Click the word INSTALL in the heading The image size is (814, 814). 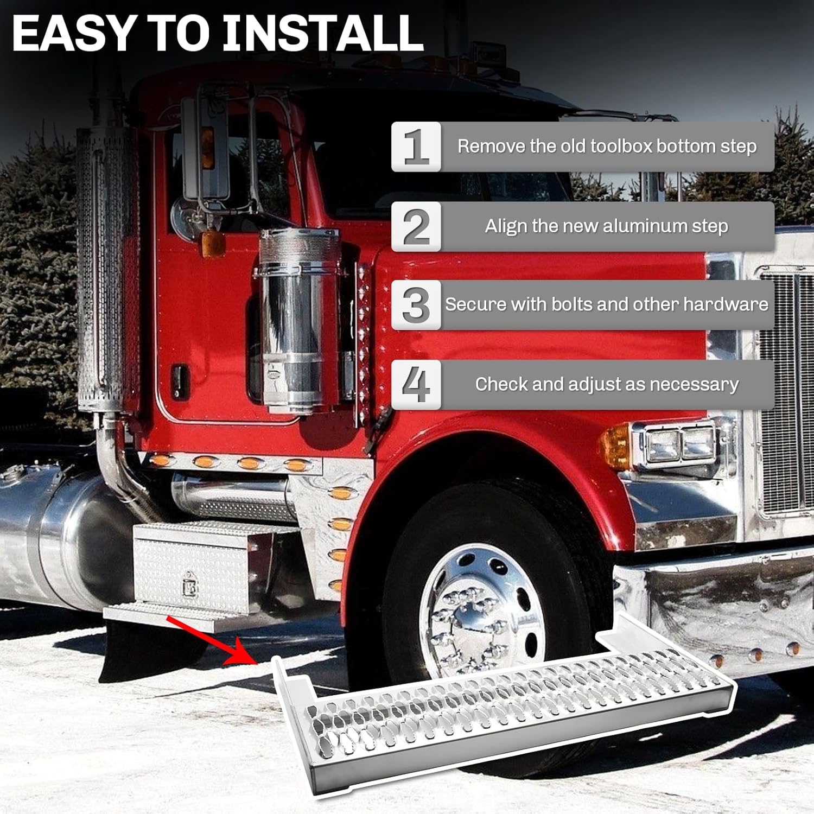[x=323, y=34]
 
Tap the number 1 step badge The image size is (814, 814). [x=416, y=147]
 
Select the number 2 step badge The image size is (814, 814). [x=416, y=226]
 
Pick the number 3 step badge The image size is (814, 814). [x=416, y=305]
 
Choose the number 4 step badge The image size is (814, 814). [x=416, y=384]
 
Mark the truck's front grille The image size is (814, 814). [x=784, y=391]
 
